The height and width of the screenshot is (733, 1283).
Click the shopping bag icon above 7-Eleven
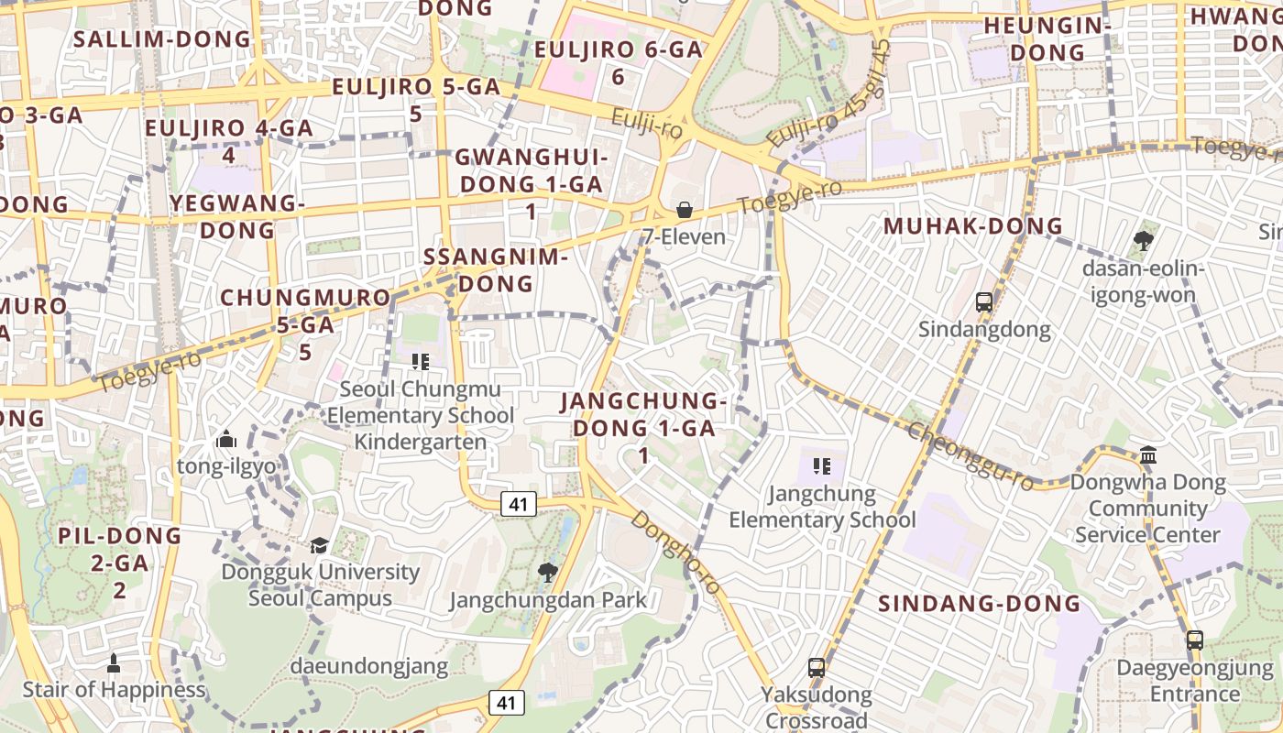coord(684,210)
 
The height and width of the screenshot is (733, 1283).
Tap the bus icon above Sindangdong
coord(984,301)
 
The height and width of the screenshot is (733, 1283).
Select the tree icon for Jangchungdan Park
coord(548,573)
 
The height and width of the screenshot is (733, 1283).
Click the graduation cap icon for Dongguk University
coord(319,545)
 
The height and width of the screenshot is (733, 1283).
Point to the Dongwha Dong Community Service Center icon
coord(1148,454)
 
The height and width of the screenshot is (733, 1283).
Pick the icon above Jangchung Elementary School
coord(822,466)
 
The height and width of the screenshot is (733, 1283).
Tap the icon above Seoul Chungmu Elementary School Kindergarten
coord(421,362)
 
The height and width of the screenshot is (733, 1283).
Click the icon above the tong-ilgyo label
coord(226,440)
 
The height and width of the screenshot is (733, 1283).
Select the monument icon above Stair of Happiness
coord(114,662)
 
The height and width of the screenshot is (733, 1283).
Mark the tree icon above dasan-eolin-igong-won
coord(1143,241)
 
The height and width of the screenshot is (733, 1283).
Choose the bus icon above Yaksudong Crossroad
coord(817,668)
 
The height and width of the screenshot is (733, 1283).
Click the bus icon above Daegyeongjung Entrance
coord(1195,640)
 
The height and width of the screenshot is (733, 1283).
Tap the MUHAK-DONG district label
coord(973,225)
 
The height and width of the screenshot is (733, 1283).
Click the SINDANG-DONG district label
coord(980,603)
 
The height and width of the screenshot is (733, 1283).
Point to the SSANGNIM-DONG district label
coord(496,270)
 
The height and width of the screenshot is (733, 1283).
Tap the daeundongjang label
coord(369,666)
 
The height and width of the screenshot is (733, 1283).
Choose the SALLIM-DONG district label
coord(161,38)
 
